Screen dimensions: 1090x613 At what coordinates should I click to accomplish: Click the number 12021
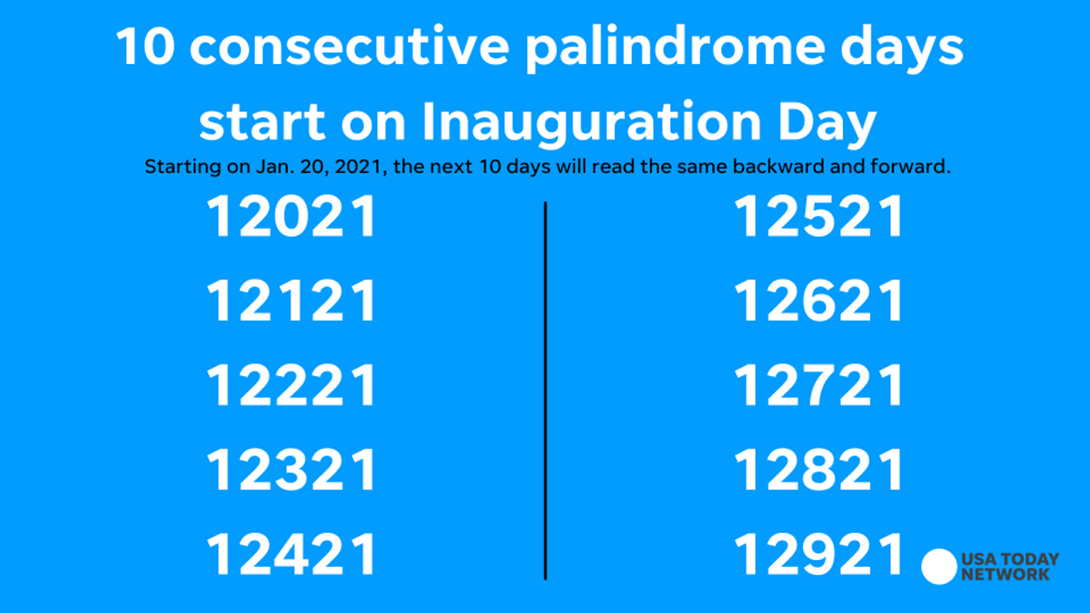[x=291, y=215]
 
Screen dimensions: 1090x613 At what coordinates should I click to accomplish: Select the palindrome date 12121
[x=291, y=301]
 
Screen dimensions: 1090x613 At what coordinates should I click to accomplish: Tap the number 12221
[x=291, y=385]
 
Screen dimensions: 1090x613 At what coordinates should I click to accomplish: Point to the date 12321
[x=291, y=469]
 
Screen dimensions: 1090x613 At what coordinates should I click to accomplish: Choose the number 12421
[x=291, y=554]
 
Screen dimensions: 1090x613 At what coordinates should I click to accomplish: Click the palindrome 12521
[x=818, y=215]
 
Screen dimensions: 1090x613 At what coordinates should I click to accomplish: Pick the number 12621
[x=818, y=301]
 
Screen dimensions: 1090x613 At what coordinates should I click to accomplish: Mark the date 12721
[x=818, y=385]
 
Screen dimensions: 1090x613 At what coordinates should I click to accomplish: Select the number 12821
[x=818, y=469]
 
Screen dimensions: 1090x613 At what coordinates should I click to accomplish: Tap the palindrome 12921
[x=818, y=554]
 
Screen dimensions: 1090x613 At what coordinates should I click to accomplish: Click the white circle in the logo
[x=939, y=567]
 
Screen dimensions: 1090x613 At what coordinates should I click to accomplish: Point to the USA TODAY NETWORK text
[x=1010, y=567]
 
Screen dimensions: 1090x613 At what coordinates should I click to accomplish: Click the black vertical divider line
[x=546, y=391]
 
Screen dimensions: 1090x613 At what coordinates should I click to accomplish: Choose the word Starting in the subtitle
[x=183, y=168]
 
